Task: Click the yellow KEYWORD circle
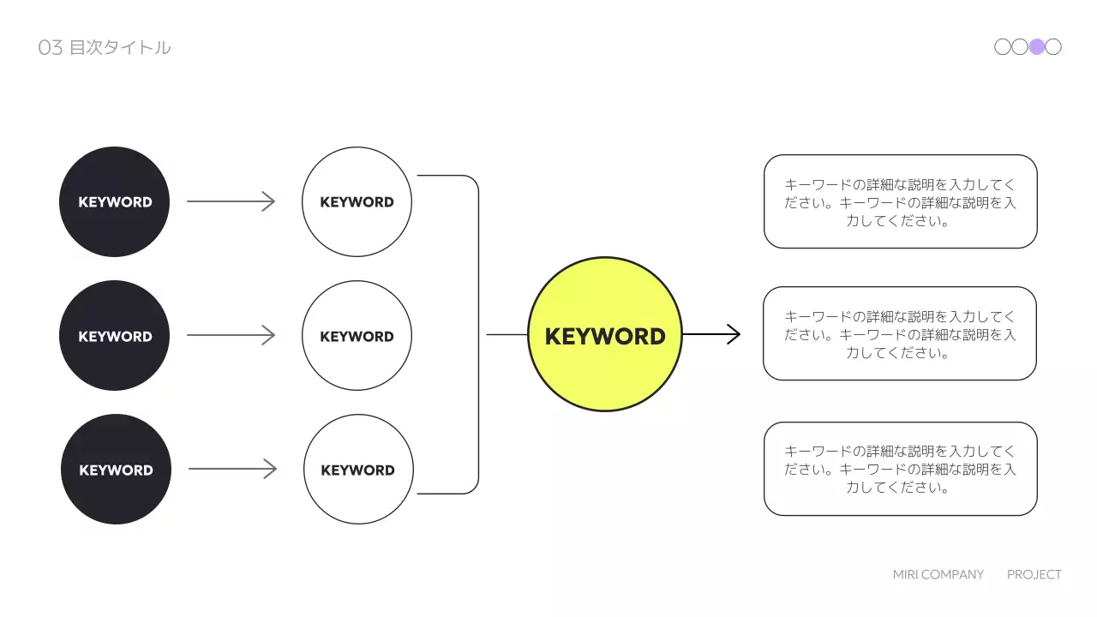pos(604,334)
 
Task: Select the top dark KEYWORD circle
pos(114,201)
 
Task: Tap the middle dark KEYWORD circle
pos(114,336)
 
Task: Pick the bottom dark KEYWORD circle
pos(116,470)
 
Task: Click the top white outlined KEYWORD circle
pos(357,201)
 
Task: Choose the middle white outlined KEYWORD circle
pos(357,336)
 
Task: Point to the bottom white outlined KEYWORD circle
pos(358,470)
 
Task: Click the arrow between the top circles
pos(231,201)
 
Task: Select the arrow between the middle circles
pos(231,335)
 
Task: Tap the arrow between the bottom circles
pos(233,469)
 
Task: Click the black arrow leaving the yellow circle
pos(711,334)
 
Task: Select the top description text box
pos(900,201)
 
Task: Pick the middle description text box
pos(900,333)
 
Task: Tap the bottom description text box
pos(900,469)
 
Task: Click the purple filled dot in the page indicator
pos(1037,47)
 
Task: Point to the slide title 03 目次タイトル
pos(105,48)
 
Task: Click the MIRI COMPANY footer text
pos(938,574)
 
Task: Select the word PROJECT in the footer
pos(1034,574)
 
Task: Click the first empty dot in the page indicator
pos(1003,47)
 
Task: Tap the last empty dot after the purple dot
pos(1053,47)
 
